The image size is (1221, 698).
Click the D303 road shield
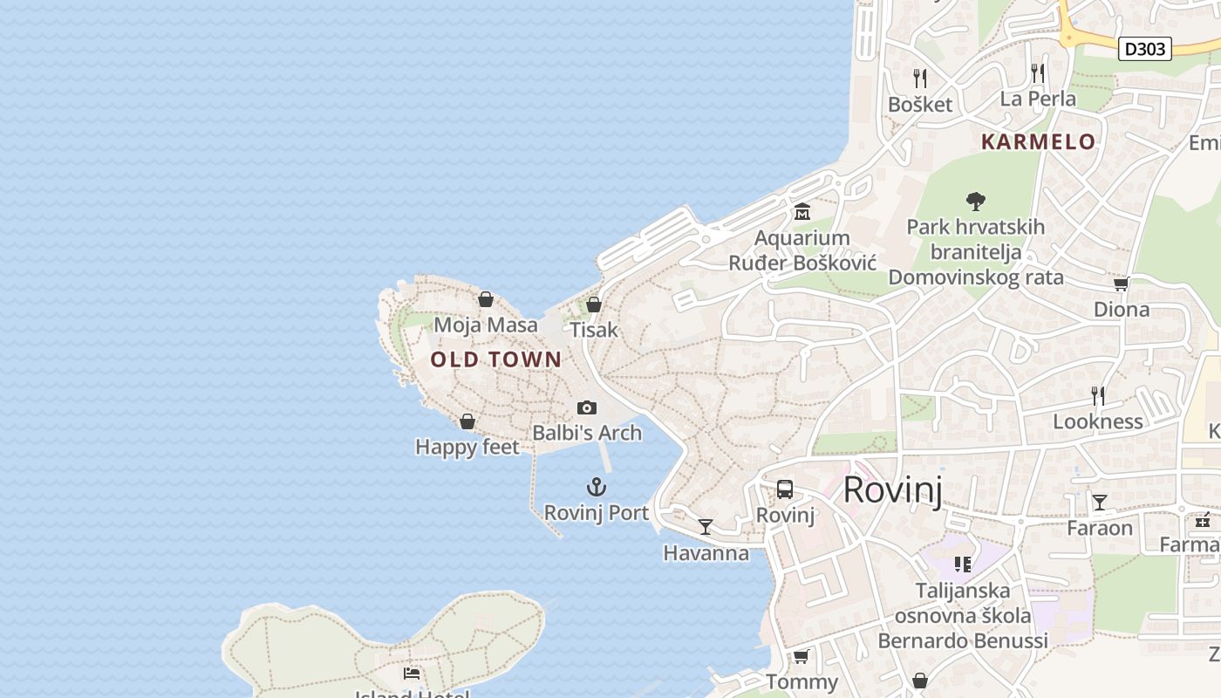[1144, 49]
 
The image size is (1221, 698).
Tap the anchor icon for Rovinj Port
[597, 487]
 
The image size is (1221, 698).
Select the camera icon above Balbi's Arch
[587, 407]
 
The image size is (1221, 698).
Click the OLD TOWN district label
[496, 359]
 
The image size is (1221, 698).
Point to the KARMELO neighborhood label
[1038, 141]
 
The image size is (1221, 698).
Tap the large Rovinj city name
[893, 489]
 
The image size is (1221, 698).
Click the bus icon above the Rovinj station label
[785, 489]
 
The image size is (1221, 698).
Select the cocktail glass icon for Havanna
[706, 527]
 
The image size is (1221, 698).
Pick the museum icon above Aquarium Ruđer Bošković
[801, 212]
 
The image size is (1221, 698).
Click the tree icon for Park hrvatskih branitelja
[976, 202]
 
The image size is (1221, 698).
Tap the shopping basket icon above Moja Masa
[486, 299]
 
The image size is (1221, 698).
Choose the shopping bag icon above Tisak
[594, 305]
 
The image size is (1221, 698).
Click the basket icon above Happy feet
[467, 421]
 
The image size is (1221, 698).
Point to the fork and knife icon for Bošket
[919, 79]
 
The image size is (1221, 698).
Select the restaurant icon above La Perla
[1037, 72]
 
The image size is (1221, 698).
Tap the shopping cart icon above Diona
[1121, 284]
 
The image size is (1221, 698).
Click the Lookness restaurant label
[1097, 421]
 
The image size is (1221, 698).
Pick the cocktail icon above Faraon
[1100, 503]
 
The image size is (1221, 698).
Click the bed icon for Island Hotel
[412, 673]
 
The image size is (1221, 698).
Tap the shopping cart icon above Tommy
[801, 656]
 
